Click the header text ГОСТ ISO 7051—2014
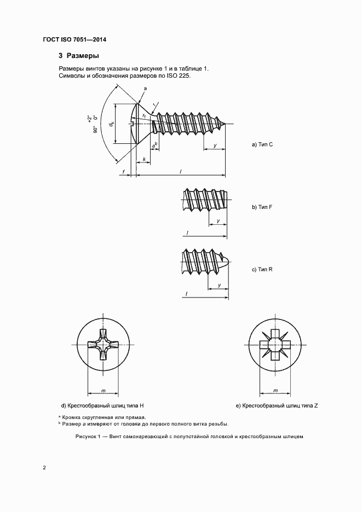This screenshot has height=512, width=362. (x=74, y=40)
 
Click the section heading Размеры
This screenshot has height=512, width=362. (x=82, y=56)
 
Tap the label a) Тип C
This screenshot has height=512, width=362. (x=262, y=144)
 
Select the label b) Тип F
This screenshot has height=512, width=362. (x=262, y=208)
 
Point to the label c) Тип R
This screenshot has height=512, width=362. (x=262, y=270)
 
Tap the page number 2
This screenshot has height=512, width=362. (x=44, y=468)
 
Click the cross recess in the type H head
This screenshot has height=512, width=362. (x=104, y=346)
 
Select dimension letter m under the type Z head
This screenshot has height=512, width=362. (x=275, y=391)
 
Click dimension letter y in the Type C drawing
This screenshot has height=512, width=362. (x=215, y=146)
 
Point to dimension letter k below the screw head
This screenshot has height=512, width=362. (x=143, y=159)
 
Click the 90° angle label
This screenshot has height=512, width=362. (x=95, y=130)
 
